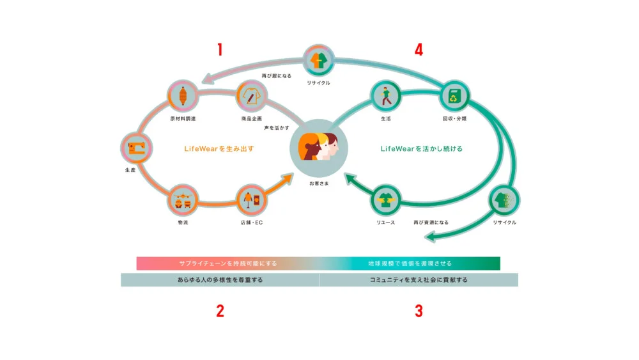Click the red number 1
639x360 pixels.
(219, 50)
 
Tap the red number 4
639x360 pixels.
(419, 50)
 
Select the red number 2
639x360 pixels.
(220, 311)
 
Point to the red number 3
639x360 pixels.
(419, 311)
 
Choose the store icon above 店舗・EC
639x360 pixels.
(250, 200)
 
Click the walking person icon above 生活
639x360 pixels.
(386, 96)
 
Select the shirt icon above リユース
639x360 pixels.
(386, 200)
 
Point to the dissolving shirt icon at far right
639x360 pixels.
(504, 200)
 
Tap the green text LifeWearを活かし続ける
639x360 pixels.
(421, 149)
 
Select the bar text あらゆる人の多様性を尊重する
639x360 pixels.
(220, 280)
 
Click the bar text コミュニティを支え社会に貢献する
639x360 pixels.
(419, 280)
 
